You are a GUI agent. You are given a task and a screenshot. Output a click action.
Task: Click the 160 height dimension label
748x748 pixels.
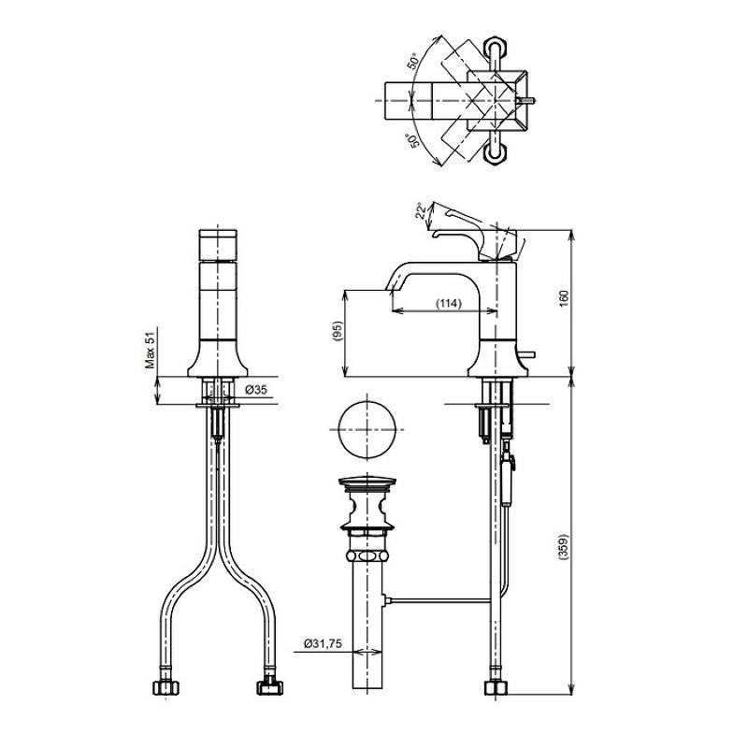click(564, 298)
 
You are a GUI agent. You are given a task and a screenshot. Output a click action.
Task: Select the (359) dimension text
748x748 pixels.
click(564, 547)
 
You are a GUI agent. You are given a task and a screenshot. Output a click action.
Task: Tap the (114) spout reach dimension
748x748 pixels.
click(449, 303)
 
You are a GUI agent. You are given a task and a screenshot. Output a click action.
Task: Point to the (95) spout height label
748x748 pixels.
click(338, 331)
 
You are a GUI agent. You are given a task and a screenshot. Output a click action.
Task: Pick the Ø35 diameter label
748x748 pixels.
click(256, 390)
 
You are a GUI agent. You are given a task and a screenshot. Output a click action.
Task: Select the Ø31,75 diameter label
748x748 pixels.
click(323, 643)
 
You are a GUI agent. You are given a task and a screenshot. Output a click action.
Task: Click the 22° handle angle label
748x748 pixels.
click(421, 211)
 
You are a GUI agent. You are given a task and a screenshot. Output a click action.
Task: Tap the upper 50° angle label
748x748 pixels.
click(413, 61)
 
